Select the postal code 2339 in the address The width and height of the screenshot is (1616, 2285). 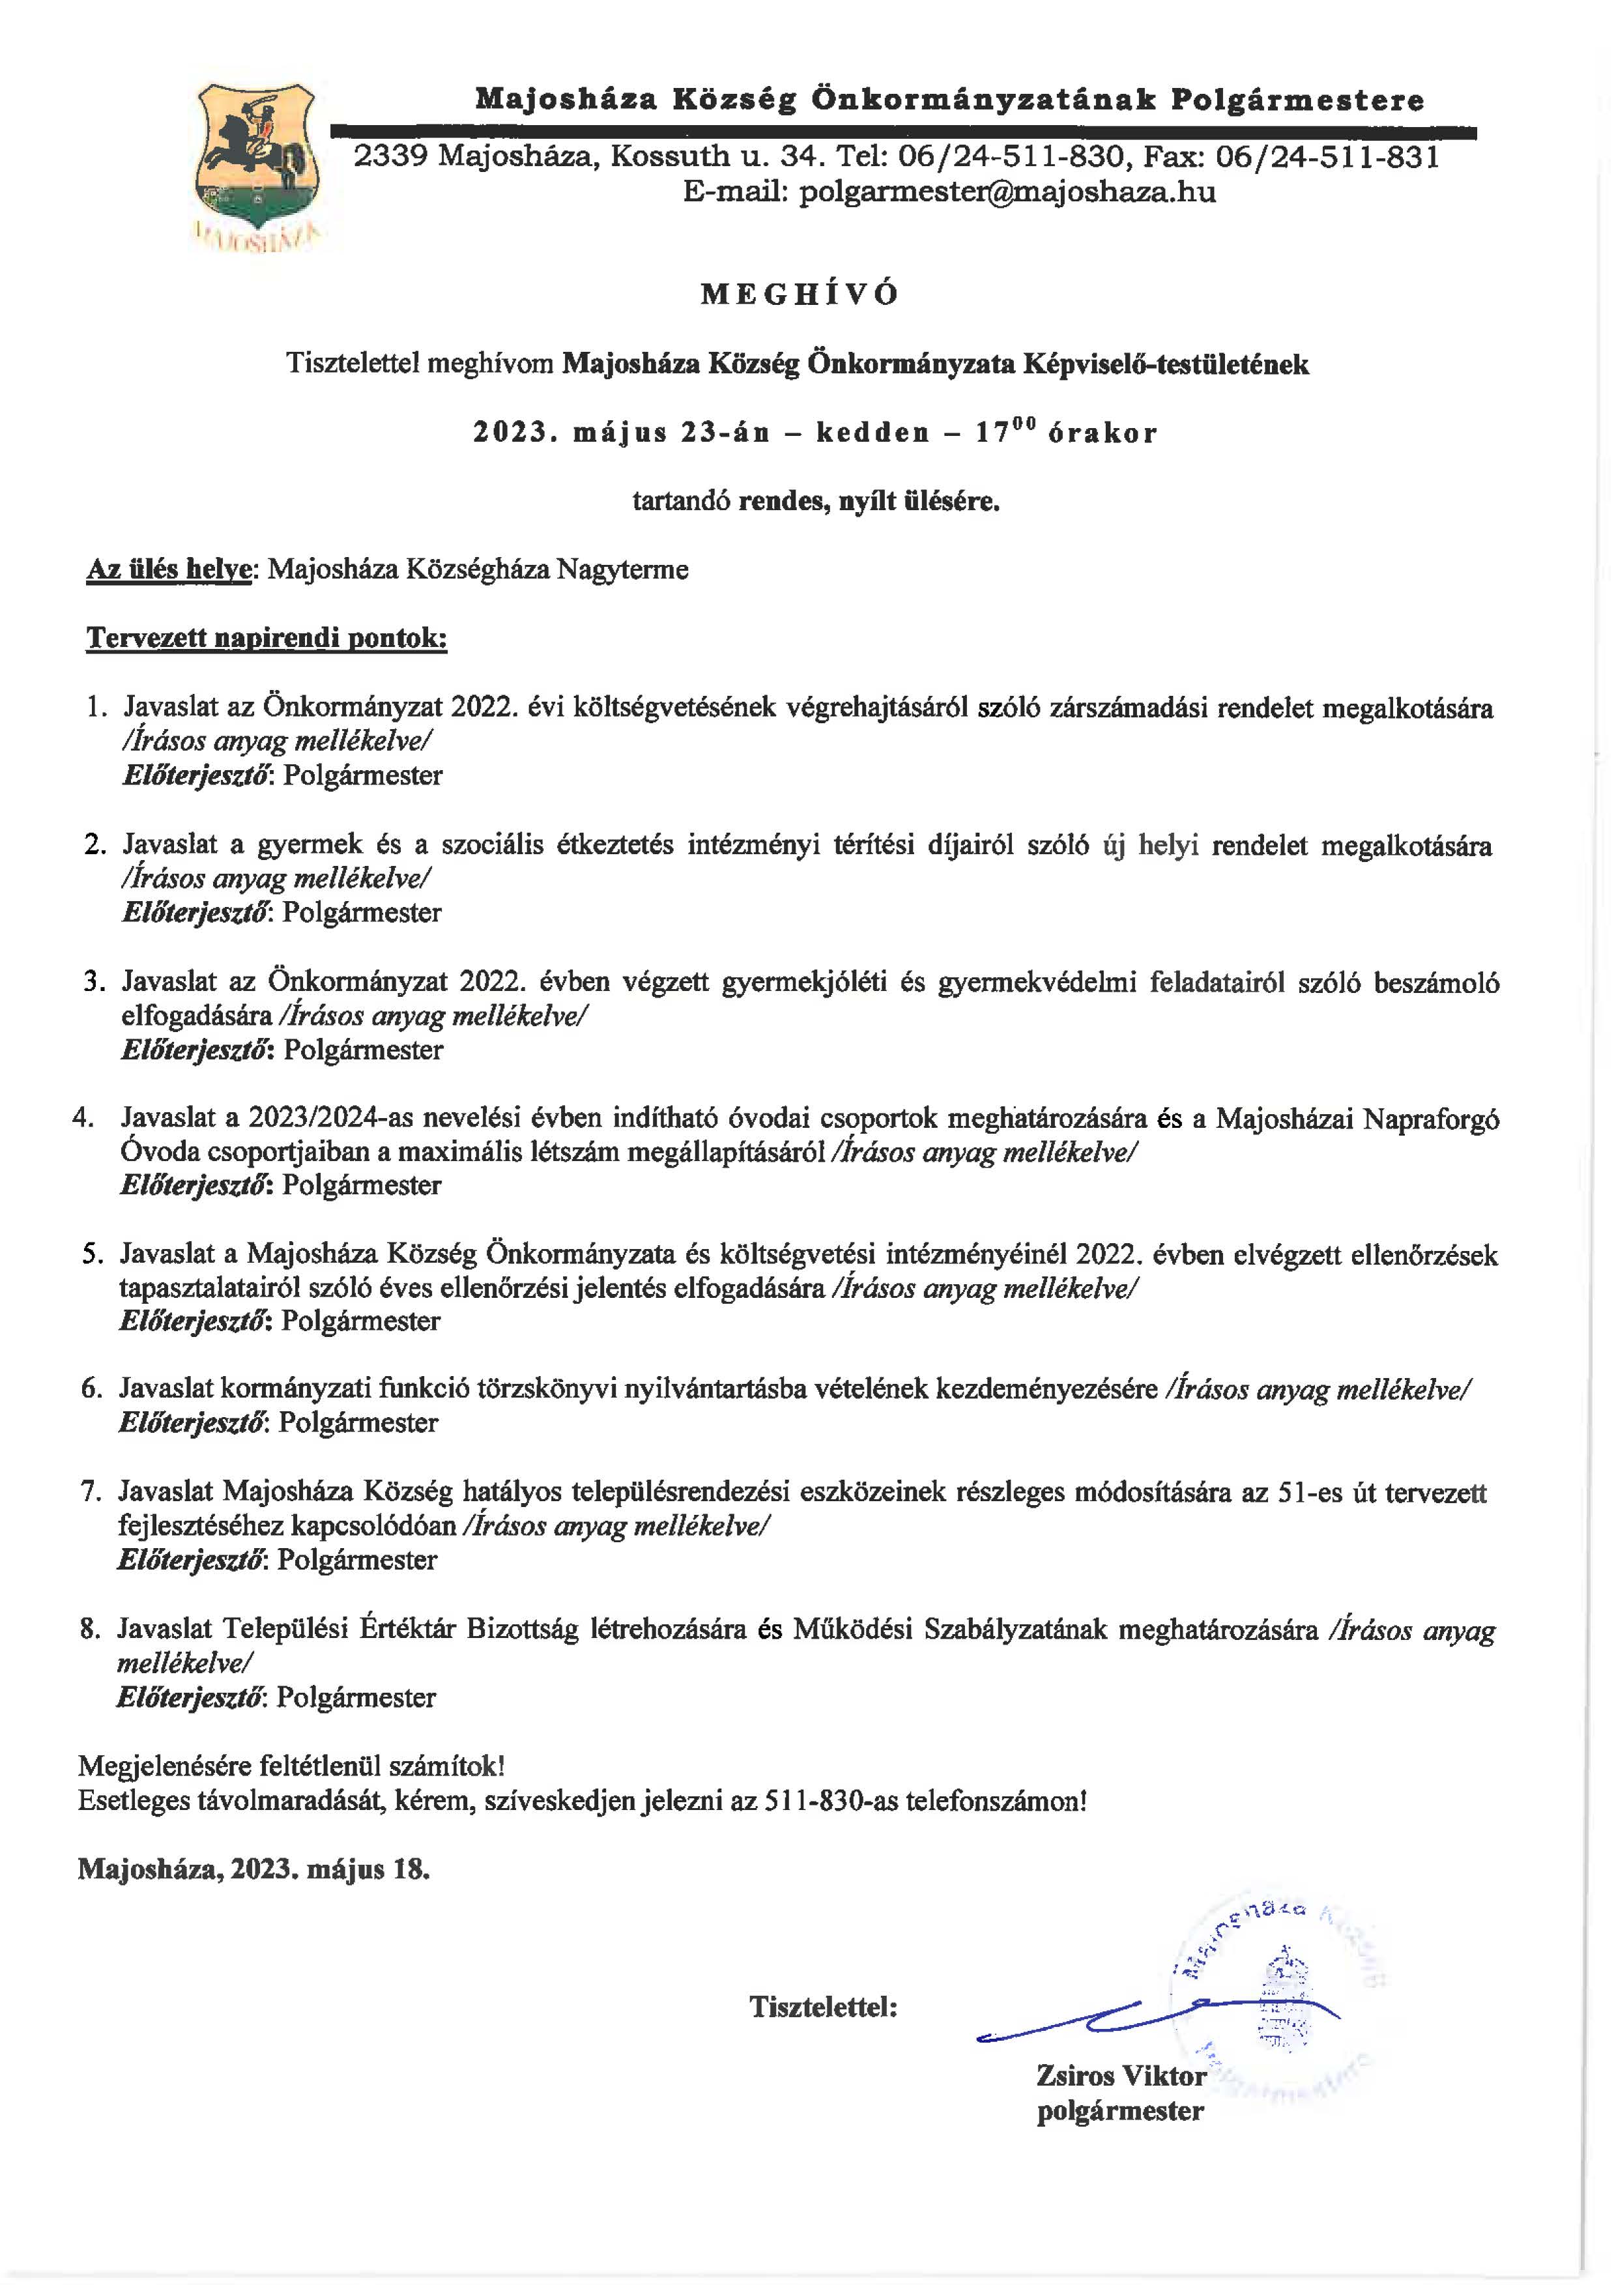(x=391, y=157)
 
